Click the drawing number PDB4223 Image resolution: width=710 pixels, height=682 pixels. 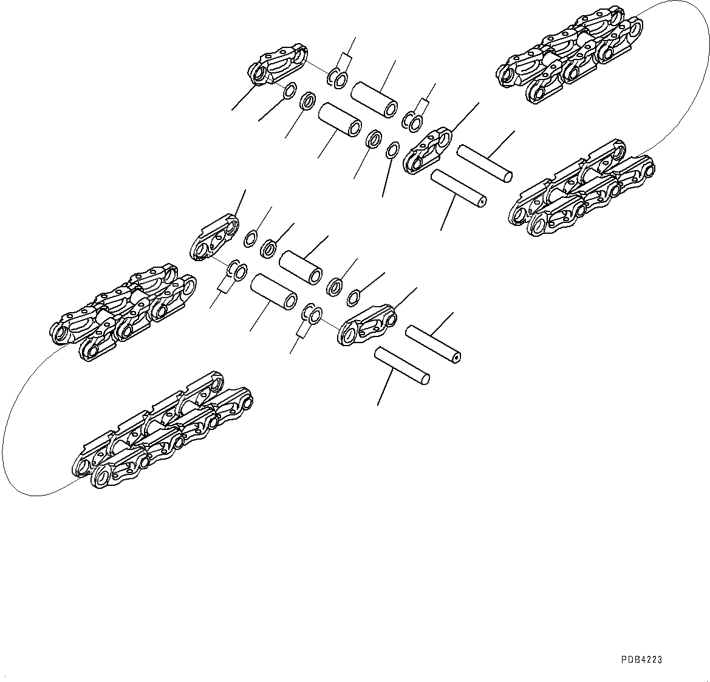[x=641, y=660]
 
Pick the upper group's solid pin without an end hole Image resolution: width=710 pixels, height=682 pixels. [x=484, y=163]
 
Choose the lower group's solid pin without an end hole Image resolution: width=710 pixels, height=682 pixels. [x=402, y=366]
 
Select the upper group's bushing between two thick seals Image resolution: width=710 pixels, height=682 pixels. [x=340, y=120]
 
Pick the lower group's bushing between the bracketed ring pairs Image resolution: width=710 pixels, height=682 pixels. [x=273, y=292]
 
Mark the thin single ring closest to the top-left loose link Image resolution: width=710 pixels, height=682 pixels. [x=289, y=91]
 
